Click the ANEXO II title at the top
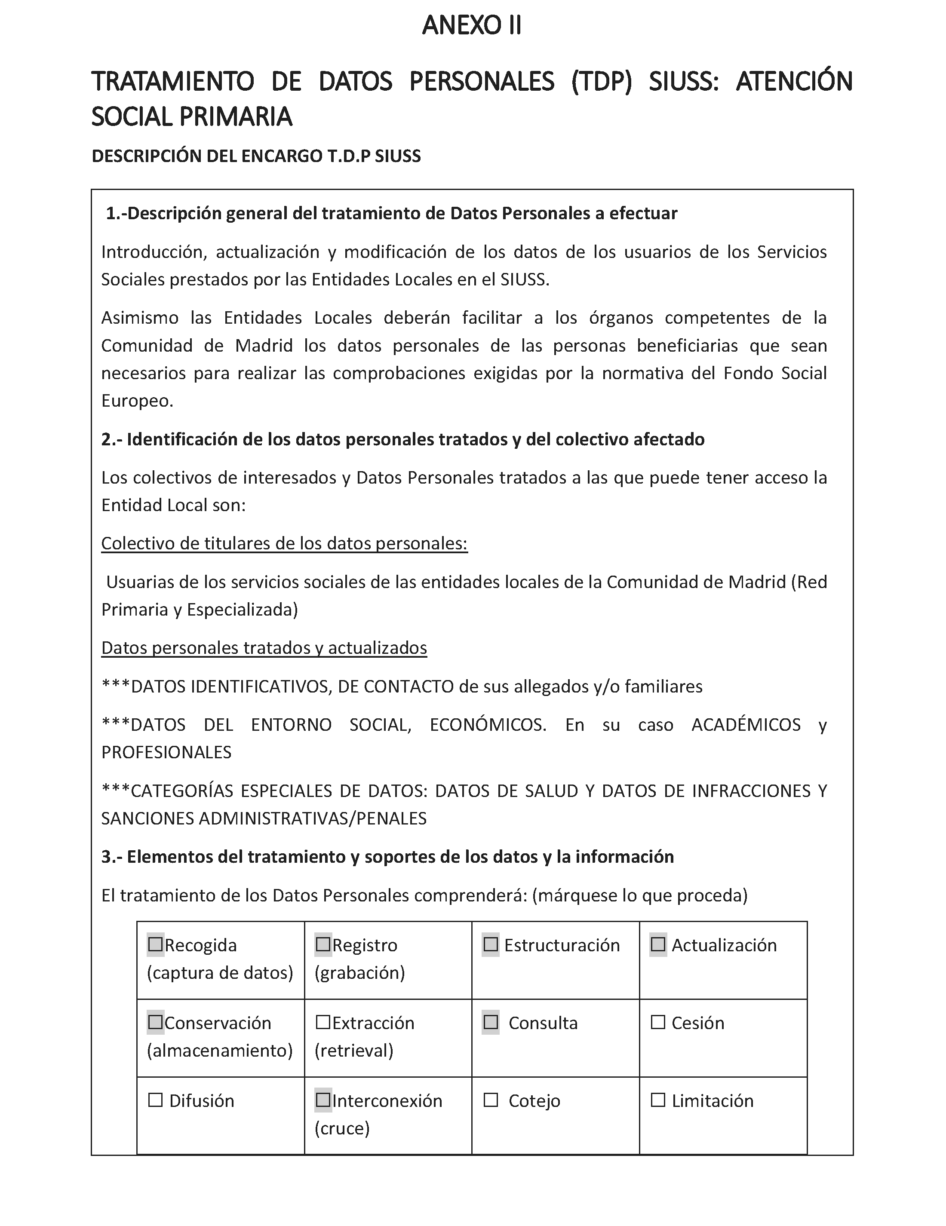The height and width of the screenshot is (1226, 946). [x=472, y=26]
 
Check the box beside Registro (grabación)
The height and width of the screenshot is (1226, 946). [x=323, y=945]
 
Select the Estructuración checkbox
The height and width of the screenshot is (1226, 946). [x=491, y=945]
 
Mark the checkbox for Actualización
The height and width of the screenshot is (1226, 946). [x=658, y=945]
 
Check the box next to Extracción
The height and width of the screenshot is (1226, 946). [x=323, y=1022]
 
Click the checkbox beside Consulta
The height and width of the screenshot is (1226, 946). [x=491, y=1022]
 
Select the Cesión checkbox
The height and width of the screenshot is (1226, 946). [x=658, y=1022]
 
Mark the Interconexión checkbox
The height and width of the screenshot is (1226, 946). [x=323, y=1100]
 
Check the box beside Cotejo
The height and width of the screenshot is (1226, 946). [x=491, y=1100]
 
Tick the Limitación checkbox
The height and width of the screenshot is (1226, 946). [x=658, y=1100]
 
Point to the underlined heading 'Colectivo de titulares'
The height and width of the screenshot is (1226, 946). [x=284, y=543]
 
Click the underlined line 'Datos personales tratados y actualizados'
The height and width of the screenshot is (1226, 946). [x=264, y=648]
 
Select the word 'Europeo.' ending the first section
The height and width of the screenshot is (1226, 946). [x=138, y=401]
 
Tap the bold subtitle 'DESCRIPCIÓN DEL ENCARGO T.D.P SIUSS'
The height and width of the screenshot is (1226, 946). [x=256, y=156]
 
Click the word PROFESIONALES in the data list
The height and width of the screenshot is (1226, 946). [x=166, y=752]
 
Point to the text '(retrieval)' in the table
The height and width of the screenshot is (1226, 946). [x=354, y=1050]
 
